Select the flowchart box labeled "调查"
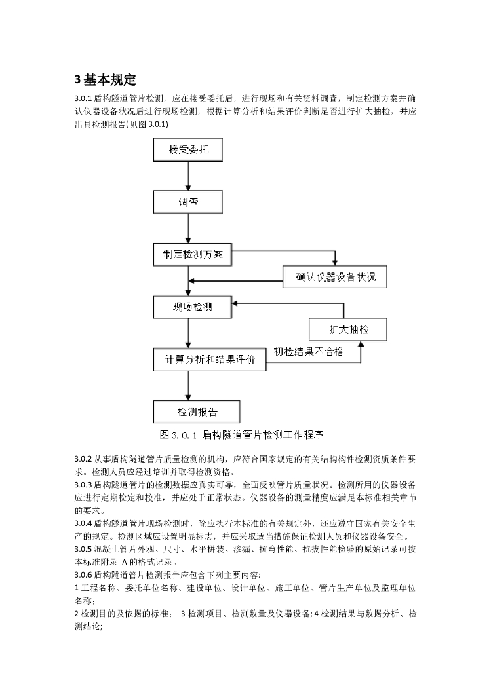[187, 202]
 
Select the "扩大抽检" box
[348, 329]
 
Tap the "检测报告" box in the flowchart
[197, 412]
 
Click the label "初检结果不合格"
[308, 352]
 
